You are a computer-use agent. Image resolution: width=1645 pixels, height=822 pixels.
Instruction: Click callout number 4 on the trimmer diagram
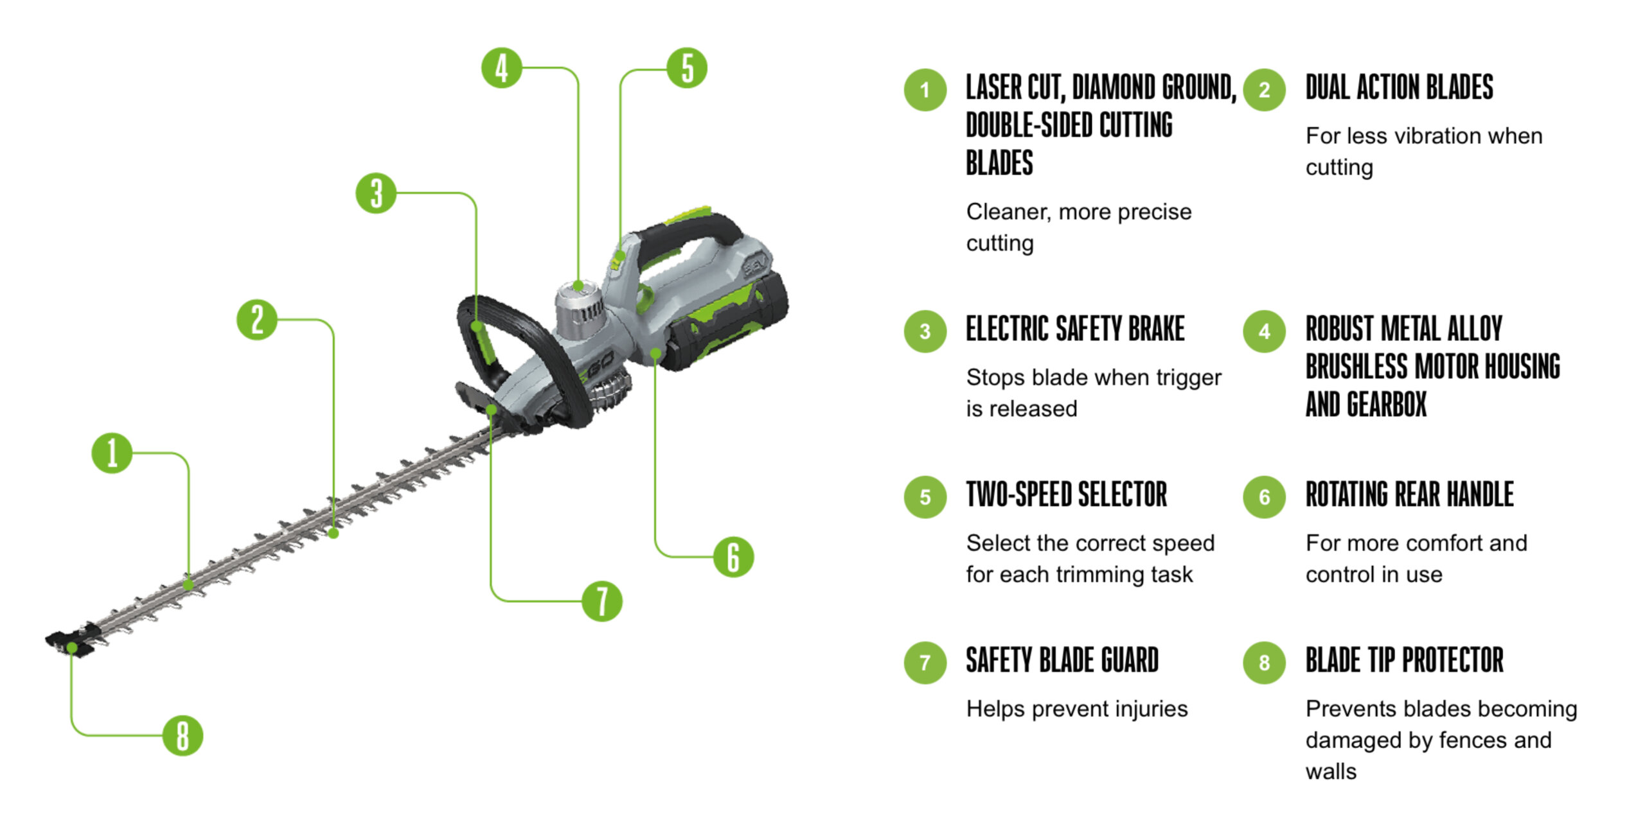(501, 68)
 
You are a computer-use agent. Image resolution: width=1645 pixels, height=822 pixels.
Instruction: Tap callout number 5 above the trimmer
(687, 68)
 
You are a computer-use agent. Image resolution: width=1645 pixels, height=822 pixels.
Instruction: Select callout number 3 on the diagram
(376, 193)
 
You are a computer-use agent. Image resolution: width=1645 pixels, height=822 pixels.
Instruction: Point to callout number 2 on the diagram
(257, 320)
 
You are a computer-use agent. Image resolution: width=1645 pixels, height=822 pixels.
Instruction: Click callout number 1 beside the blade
(112, 453)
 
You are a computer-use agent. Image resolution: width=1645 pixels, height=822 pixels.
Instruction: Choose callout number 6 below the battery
(733, 557)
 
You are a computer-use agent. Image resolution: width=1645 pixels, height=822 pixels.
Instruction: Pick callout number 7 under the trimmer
(602, 601)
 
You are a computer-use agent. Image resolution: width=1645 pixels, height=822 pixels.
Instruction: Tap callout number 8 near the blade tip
(182, 735)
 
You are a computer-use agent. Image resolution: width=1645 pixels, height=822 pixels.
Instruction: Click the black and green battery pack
(726, 321)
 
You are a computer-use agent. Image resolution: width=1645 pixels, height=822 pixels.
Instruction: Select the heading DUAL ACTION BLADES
(1399, 88)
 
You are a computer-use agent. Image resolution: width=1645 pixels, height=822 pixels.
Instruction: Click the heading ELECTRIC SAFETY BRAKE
(1075, 329)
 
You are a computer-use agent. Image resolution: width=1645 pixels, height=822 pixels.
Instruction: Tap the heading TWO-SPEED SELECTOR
(1067, 495)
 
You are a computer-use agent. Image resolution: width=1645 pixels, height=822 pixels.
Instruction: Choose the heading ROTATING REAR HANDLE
(1409, 495)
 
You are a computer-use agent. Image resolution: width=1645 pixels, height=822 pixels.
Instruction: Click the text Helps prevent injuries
(1077, 709)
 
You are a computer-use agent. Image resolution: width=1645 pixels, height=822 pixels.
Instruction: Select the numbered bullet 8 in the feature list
(1264, 662)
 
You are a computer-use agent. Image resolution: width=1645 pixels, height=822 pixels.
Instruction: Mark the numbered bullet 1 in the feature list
(925, 90)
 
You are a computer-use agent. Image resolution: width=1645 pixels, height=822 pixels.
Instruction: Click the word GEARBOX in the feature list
(1386, 405)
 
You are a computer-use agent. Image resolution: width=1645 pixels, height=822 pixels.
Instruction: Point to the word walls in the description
(1331, 771)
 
